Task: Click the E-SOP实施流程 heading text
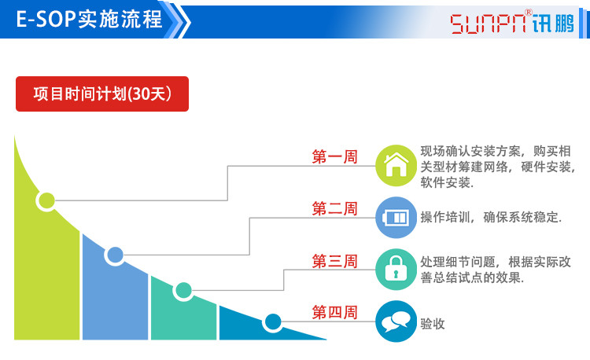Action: point(89,20)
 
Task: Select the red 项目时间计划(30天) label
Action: point(102,94)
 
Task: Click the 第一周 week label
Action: point(334,156)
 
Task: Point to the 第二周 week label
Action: point(334,208)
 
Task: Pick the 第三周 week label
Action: point(334,260)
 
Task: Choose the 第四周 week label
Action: point(334,312)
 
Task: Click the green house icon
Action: point(396,165)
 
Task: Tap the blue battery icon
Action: point(396,217)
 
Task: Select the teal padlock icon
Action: point(396,270)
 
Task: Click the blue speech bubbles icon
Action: point(396,321)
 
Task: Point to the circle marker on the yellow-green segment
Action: point(46,200)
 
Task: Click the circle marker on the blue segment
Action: point(115,255)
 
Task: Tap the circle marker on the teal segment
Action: point(183,291)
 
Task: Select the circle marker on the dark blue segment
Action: point(273,321)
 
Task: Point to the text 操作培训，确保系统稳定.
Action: point(491,218)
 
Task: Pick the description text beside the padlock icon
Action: point(496,270)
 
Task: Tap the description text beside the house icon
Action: point(497,167)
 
